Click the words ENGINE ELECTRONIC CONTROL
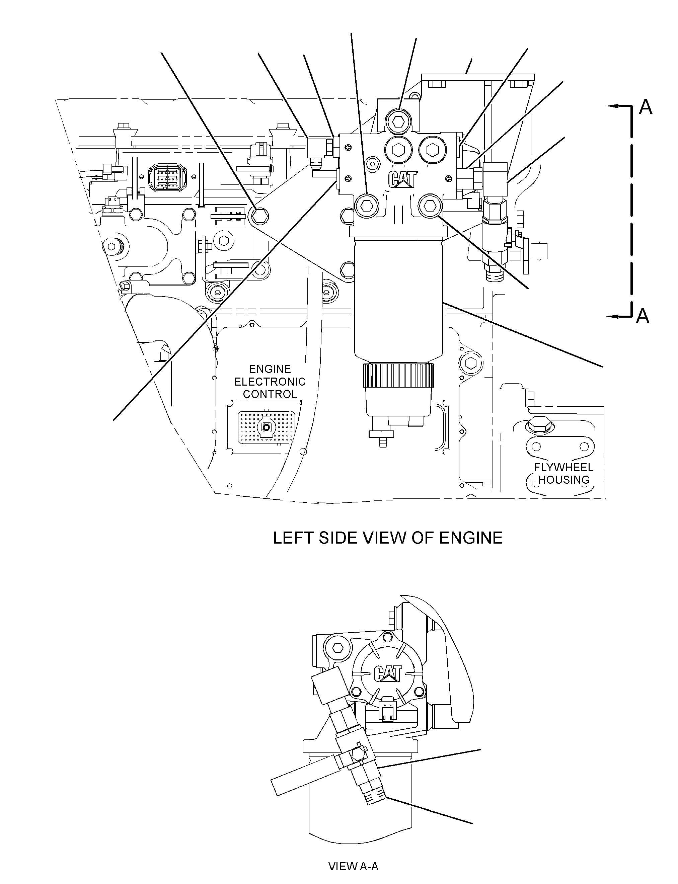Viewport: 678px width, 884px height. (x=270, y=381)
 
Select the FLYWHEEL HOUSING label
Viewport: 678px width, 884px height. (x=564, y=473)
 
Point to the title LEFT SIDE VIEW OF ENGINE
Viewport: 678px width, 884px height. (x=388, y=538)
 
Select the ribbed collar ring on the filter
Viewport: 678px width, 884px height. (x=398, y=375)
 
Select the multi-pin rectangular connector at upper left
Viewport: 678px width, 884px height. (x=167, y=177)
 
